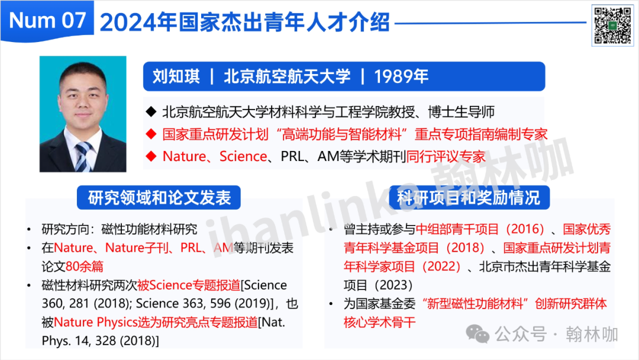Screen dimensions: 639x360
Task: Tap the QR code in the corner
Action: (612, 25)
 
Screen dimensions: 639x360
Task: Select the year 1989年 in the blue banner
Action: (401, 76)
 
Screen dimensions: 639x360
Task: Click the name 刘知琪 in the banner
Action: (176, 76)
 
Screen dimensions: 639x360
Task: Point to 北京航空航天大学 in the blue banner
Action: (287, 76)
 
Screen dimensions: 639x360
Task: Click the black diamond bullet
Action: (151, 111)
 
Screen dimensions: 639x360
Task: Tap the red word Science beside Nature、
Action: (243, 156)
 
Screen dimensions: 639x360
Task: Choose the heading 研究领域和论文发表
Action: (159, 198)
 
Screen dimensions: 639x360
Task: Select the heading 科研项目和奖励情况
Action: (469, 198)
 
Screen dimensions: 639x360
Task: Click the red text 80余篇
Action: (85, 266)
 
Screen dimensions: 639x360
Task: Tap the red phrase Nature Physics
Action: (95, 322)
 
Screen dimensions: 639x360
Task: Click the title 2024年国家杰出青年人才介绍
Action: (244, 22)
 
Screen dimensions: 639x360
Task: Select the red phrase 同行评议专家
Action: (446, 156)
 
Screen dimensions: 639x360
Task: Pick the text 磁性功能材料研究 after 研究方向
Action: (149, 229)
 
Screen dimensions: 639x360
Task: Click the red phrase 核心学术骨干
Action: (379, 322)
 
